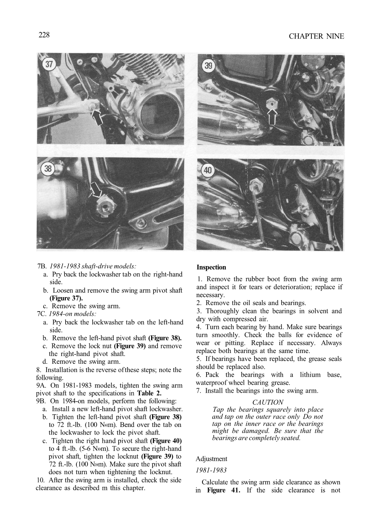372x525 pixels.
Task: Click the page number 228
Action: pyautogui.click(x=44, y=35)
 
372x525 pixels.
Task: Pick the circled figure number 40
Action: pyautogui.click(x=208, y=170)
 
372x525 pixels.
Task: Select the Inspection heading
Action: pyautogui.click(x=211, y=268)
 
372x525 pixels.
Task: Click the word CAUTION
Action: pyautogui.click(x=267, y=402)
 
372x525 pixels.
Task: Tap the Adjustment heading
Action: pyautogui.click(x=211, y=459)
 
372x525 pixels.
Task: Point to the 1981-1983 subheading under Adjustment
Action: pyautogui.click(x=211, y=471)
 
